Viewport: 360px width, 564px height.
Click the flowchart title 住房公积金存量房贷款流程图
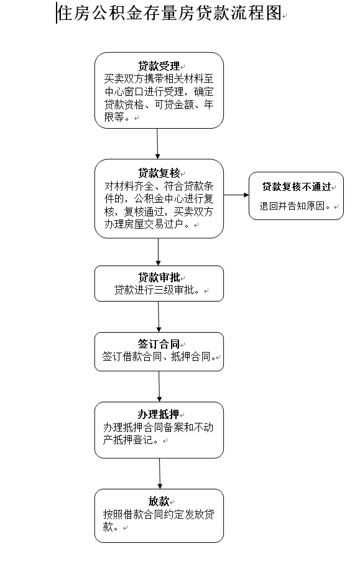(x=169, y=14)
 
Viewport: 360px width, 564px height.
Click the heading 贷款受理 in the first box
(x=159, y=66)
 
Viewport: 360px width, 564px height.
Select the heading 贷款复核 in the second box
(x=159, y=173)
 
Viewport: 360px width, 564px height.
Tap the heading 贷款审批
(x=159, y=277)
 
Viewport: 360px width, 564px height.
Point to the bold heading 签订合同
(x=159, y=344)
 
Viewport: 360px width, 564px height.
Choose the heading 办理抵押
(x=159, y=414)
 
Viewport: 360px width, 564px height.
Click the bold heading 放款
(x=159, y=501)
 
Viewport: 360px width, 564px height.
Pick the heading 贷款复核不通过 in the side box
(x=297, y=187)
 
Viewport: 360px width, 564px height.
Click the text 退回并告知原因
(x=292, y=206)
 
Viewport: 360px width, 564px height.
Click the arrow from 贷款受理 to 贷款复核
(x=157, y=144)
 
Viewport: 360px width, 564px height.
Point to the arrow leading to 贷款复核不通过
(x=236, y=195)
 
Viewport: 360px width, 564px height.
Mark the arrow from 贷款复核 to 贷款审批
(x=159, y=252)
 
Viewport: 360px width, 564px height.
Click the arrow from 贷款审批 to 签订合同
(x=159, y=317)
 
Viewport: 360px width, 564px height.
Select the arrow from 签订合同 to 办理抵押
(x=159, y=386)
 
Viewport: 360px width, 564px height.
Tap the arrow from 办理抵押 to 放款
(x=160, y=473)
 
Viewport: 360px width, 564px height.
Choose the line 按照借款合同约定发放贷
(x=159, y=514)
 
